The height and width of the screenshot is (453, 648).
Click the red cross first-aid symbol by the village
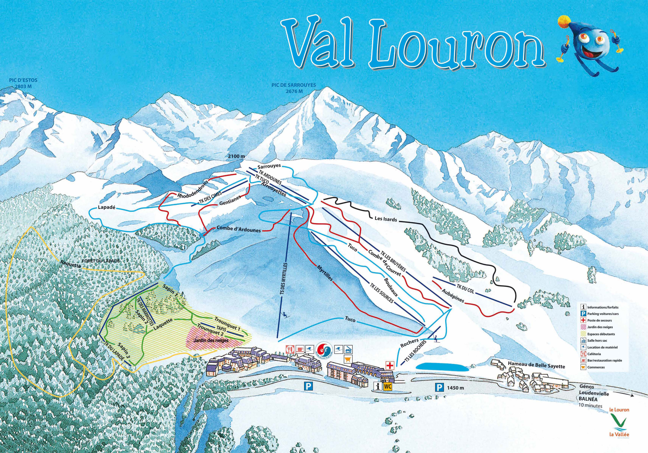pyautogui.click(x=390, y=366)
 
